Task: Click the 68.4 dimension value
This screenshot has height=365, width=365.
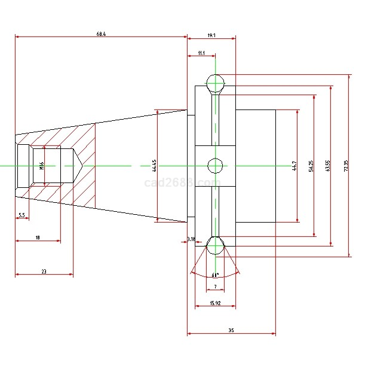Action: (x=101, y=34)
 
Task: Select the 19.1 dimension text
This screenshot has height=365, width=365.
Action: (x=211, y=36)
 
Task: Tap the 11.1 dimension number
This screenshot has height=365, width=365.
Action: (x=201, y=54)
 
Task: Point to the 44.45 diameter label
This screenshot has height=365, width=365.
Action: (x=154, y=166)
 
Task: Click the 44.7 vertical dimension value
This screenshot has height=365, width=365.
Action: (x=294, y=166)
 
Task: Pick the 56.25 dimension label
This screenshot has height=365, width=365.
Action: (x=311, y=166)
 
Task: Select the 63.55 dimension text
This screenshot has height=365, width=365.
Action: (x=328, y=166)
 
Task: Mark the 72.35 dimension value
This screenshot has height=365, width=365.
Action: (x=346, y=166)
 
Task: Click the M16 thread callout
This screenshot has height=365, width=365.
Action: (x=42, y=166)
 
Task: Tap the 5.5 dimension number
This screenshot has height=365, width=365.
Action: (x=22, y=215)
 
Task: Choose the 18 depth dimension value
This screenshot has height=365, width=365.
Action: (x=37, y=238)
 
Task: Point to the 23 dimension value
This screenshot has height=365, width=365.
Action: (x=44, y=271)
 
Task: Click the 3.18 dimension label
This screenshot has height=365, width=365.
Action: (x=191, y=239)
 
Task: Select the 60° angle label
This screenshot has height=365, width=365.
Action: (x=215, y=275)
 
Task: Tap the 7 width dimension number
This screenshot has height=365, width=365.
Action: (x=215, y=287)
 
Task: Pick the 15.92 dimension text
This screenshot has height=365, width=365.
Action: (x=215, y=303)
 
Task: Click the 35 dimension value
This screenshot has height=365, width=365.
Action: (x=231, y=330)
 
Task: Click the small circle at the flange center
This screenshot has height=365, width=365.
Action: (x=215, y=165)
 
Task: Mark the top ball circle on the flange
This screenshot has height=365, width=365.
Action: (x=215, y=82)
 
